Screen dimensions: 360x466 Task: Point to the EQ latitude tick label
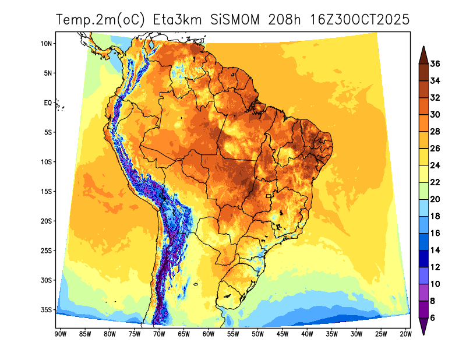point(48,103)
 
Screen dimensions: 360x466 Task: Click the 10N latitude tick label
point(47,43)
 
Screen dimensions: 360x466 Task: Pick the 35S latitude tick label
point(47,309)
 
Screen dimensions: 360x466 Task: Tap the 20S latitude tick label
point(47,221)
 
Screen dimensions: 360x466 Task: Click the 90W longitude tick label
point(59,334)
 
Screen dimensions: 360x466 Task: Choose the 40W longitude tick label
point(307,334)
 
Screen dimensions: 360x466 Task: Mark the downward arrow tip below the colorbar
point(423,334)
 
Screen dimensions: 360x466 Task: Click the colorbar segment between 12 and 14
point(423,259)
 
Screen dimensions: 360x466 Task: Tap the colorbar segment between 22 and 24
point(423,174)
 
